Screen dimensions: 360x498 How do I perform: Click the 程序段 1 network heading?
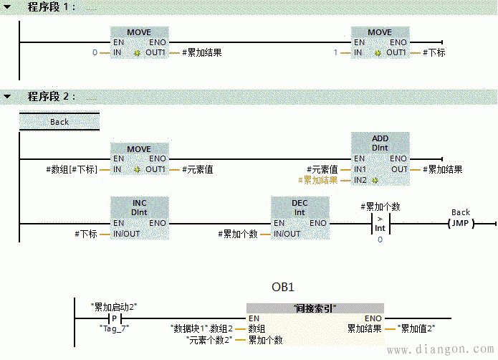(51, 6)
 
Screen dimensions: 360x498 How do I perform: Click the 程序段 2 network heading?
(51, 95)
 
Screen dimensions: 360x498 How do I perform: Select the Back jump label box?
(59, 122)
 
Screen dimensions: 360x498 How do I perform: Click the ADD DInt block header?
(380, 142)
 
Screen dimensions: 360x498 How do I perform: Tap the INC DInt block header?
(139, 207)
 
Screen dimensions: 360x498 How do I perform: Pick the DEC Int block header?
(300, 207)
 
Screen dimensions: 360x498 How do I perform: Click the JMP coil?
(461, 223)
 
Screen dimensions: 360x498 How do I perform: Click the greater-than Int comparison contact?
(380, 223)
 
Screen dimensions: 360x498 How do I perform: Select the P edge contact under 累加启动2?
(113, 318)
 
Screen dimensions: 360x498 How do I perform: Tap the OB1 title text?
(282, 287)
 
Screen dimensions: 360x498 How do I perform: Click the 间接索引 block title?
(315, 308)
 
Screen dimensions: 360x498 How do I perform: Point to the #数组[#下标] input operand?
(70, 170)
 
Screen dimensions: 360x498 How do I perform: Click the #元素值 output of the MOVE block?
(197, 170)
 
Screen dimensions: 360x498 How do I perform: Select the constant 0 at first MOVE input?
(95, 52)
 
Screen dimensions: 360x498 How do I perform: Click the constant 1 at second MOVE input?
(335, 52)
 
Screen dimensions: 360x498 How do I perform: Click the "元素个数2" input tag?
(209, 339)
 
